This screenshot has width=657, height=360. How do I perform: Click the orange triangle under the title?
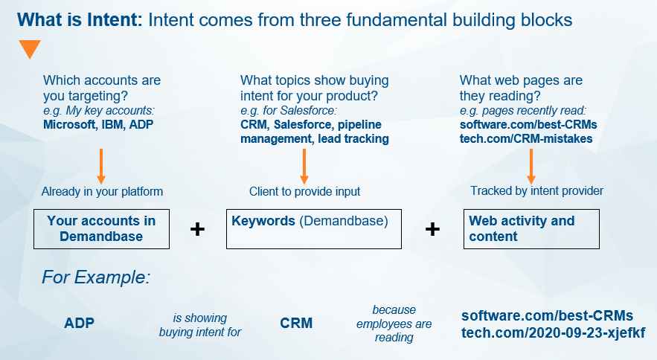(x=30, y=49)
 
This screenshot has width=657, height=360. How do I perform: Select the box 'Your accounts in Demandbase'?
(x=101, y=228)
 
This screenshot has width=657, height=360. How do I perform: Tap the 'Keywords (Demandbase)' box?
(x=313, y=228)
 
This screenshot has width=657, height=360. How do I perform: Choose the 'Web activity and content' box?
(x=531, y=228)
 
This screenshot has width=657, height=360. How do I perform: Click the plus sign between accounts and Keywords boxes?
(x=197, y=229)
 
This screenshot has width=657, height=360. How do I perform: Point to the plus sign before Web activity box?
(x=432, y=229)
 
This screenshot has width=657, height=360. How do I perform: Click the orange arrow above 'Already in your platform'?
(x=101, y=165)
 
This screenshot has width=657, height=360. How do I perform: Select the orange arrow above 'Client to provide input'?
(x=304, y=165)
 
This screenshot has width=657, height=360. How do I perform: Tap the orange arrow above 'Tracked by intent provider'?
(x=531, y=165)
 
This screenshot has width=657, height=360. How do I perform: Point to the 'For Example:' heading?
(x=96, y=278)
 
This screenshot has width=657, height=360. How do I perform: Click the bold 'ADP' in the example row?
(x=79, y=324)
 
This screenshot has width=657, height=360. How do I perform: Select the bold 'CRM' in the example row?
(x=296, y=324)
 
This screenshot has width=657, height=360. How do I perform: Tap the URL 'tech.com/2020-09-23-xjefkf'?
(x=554, y=332)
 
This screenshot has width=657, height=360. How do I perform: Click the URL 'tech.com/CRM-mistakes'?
(x=527, y=138)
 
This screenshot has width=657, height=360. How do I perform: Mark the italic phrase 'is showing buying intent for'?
(x=200, y=325)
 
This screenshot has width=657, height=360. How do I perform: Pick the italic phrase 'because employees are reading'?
(x=394, y=324)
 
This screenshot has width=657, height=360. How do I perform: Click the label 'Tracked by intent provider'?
(x=536, y=191)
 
